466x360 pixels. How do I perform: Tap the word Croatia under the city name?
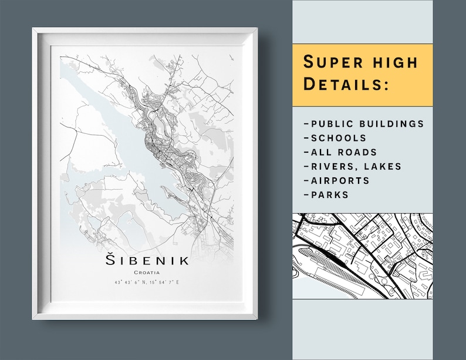[147, 272]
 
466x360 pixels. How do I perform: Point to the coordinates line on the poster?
[147, 283]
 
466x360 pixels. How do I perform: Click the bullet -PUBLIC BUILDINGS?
[364, 124]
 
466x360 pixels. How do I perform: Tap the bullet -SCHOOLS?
[335, 138]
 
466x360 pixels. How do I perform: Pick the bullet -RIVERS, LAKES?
[353, 166]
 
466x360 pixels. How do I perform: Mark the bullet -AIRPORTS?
[337, 180]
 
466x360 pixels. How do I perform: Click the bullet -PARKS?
[326, 194]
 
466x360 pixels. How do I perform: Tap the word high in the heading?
[393, 62]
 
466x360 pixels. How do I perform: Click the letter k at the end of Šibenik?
[184, 260]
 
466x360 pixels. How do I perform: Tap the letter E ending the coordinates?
[178, 283]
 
